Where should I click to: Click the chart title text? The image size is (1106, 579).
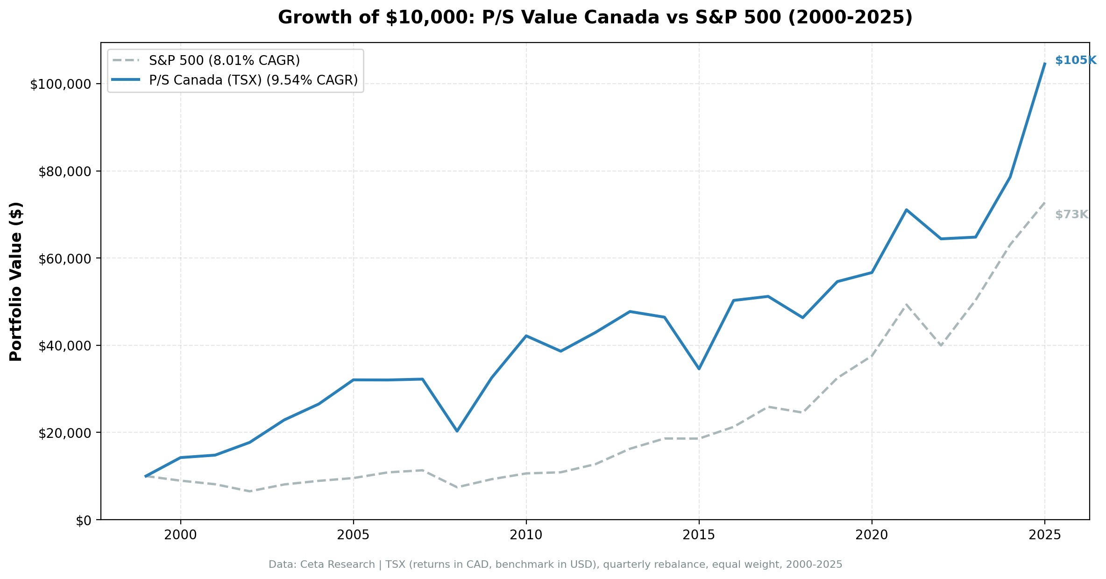pyautogui.click(x=595, y=18)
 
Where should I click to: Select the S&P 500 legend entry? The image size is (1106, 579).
pyautogui.click(x=224, y=60)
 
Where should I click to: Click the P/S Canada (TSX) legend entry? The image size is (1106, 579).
pyautogui.click(x=253, y=80)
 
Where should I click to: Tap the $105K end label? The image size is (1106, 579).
pyautogui.click(x=1075, y=60)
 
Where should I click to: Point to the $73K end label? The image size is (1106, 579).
pyautogui.click(x=1071, y=214)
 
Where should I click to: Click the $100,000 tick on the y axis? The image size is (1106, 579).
pyautogui.click(x=60, y=85)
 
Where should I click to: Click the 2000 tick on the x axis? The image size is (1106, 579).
pyautogui.click(x=180, y=535)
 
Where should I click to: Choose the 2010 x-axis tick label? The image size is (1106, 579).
pyautogui.click(x=526, y=535)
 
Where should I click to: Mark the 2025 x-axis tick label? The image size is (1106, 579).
pyautogui.click(x=1044, y=535)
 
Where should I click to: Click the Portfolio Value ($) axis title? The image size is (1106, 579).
pyautogui.click(x=16, y=281)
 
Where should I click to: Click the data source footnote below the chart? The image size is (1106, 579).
pyautogui.click(x=555, y=565)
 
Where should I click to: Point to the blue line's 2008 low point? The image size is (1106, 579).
pyautogui.click(x=457, y=431)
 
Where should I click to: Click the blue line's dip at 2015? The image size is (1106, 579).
pyautogui.click(x=699, y=369)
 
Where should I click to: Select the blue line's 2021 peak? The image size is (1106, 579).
pyautogui.click(x=906, y=210)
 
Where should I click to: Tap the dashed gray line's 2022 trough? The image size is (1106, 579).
pyautogui.click(x=941, y=345)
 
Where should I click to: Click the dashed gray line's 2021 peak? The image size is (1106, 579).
pyautogui.click(x=906, y=304)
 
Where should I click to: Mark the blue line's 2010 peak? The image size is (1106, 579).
pyautogui.click(x=526, y=336)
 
